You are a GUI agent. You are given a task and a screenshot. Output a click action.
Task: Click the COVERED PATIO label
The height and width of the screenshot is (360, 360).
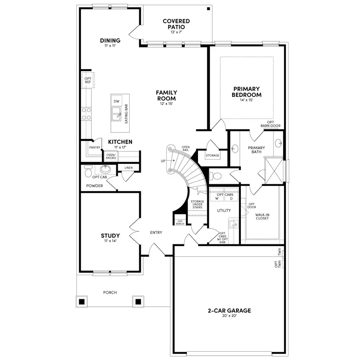coord(176,24)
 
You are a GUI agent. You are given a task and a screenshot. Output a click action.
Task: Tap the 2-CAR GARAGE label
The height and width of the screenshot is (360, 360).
coord(229,310)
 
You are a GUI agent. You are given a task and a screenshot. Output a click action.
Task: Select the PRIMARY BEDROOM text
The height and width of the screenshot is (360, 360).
coord(247,92)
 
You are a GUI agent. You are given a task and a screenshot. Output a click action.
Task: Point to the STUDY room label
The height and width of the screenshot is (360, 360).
coord(110,236)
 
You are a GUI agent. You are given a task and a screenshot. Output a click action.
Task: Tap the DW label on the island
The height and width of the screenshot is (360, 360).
coord(116,102)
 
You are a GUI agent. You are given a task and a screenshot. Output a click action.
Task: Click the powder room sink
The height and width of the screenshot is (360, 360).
coord(106,169)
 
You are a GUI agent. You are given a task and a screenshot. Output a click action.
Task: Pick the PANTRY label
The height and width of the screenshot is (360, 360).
coord(95,148)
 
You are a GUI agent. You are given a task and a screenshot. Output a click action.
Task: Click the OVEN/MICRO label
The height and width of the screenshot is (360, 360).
coord(111,156)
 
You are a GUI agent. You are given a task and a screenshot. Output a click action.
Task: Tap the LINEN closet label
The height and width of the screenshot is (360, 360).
coord(128,168)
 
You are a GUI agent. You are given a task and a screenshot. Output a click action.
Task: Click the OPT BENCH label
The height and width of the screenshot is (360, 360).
coord(180,223)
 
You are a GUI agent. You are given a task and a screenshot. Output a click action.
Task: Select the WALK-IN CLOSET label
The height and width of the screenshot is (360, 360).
coord(262,216)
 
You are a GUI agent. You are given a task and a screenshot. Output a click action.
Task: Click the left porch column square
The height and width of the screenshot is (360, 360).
coord(82,301)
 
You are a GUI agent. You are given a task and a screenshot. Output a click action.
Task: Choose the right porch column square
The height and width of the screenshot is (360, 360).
coord(138,301)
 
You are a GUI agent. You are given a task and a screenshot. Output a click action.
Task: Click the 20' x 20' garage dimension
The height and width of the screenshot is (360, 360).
coord(229,316)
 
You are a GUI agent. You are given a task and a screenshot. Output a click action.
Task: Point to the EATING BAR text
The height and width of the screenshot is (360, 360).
coord(126,114)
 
